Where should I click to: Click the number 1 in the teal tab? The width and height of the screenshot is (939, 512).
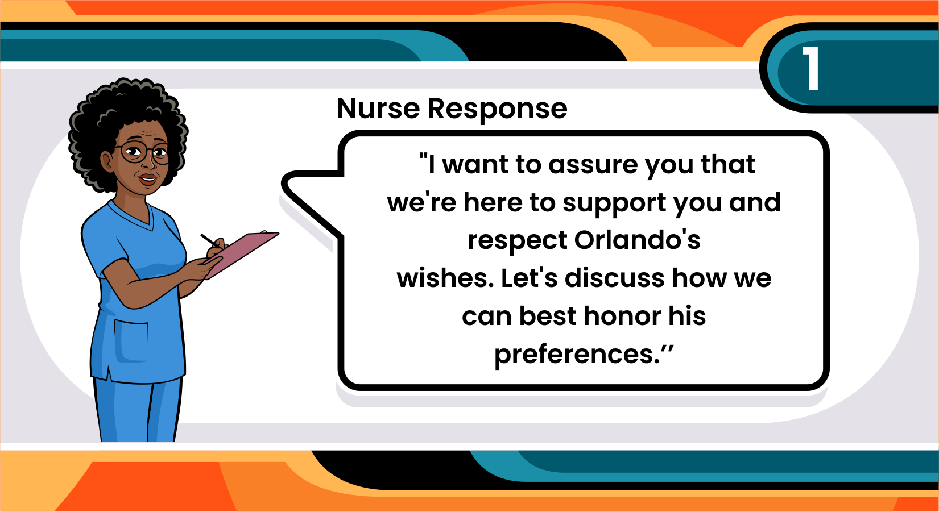(812, 68)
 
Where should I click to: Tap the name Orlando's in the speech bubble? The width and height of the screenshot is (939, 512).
(637, 240)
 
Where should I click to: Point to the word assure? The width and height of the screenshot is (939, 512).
(593, 165)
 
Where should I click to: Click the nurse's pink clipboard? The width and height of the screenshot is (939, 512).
(241, 254)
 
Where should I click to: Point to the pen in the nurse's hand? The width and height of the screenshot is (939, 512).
(211, 241)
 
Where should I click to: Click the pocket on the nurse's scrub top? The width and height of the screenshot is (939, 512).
(131, 341)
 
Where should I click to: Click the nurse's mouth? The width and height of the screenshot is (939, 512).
(147, 179)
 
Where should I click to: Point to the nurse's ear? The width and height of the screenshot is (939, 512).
(107, 162)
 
